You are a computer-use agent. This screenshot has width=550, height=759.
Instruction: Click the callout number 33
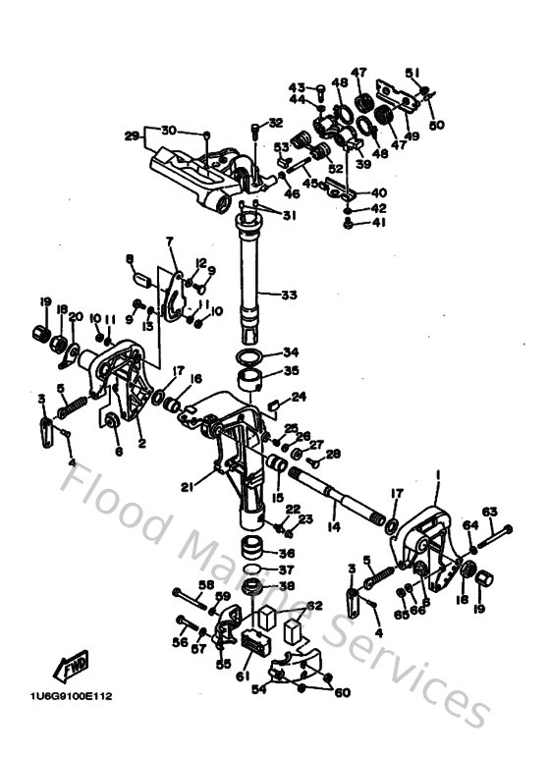(x=289, y=295)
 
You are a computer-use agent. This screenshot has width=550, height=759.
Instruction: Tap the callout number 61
(x=243, y=676)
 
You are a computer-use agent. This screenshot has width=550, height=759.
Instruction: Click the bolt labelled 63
(x=494, y=533)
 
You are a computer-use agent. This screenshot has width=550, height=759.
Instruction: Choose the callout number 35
(x=290, y=371)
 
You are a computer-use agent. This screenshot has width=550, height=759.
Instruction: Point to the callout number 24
(x=299, y=397)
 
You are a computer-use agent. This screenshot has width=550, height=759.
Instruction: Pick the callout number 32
(x=275, y=123)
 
